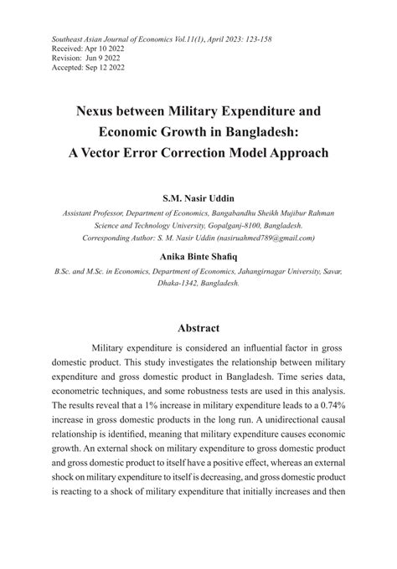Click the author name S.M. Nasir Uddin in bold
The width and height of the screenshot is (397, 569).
(x=198, y=199)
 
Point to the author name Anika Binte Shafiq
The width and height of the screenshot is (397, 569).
(x=198, y=256)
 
